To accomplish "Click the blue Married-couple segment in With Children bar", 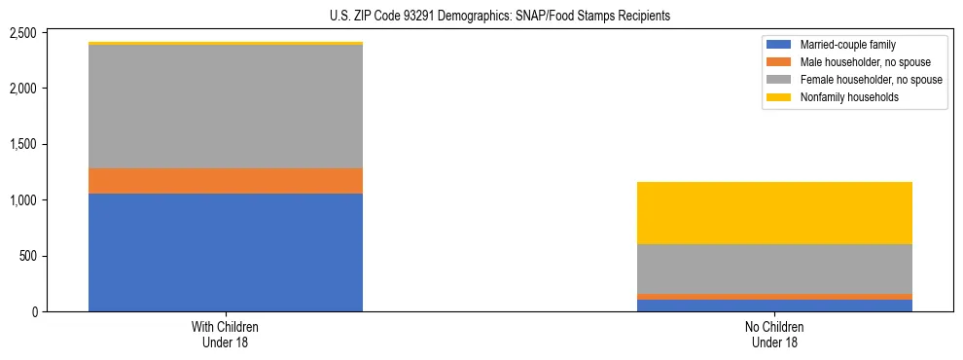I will (x=226, y=252).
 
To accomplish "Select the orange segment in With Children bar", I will (x=226, y=181).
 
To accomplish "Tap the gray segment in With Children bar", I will (x=226, y=107).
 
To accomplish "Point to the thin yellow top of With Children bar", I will (x=226, y=44).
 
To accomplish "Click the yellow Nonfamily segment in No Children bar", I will (x=774, y=213).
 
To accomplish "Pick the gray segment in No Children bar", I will (x=774, y=269).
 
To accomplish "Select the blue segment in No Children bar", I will (x=774, y=306).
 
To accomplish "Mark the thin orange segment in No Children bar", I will (x=774, y=297).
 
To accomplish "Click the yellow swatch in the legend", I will (x=779, y=97).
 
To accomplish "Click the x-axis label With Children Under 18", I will (x=226, y=335).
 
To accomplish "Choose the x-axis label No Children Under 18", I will (x=774, y=335).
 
